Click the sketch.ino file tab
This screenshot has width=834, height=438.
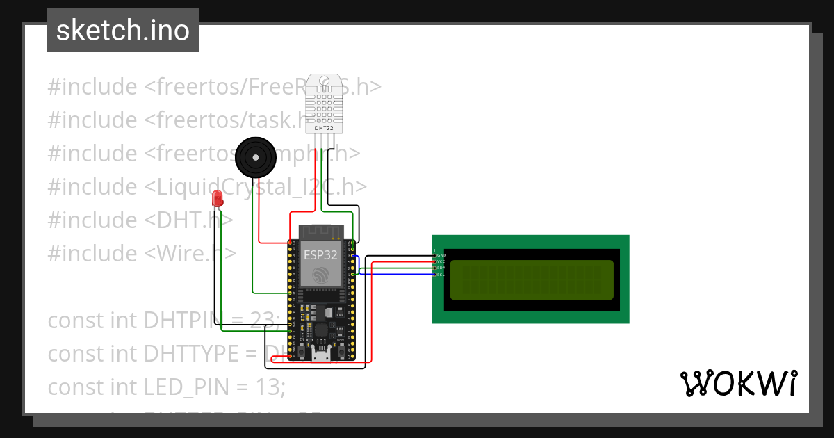[x=123, y=31]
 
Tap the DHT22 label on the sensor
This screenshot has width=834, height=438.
[x=324, y=128]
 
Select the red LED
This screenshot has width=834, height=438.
[x=218, y=198]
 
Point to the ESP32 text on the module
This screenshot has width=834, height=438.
[x=320, y=255]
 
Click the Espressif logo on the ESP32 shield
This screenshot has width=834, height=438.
[x=320, y=276]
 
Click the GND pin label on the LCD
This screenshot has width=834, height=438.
[x=440, y=256]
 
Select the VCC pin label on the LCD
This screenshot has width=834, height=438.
[x=440, y=262]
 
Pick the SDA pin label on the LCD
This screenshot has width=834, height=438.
[x=440, y=268]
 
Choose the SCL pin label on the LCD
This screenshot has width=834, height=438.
[x=440, y=275]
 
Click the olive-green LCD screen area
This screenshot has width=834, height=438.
[x=532, y=279]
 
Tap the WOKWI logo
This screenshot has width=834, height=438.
[x=738, y=383]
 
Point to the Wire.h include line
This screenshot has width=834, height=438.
[x=142, y=253]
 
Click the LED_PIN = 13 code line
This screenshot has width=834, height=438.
[x=167, y=387]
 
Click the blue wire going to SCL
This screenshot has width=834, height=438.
[x=396, y=275]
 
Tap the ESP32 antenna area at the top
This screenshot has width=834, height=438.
[x=321, y=231]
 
